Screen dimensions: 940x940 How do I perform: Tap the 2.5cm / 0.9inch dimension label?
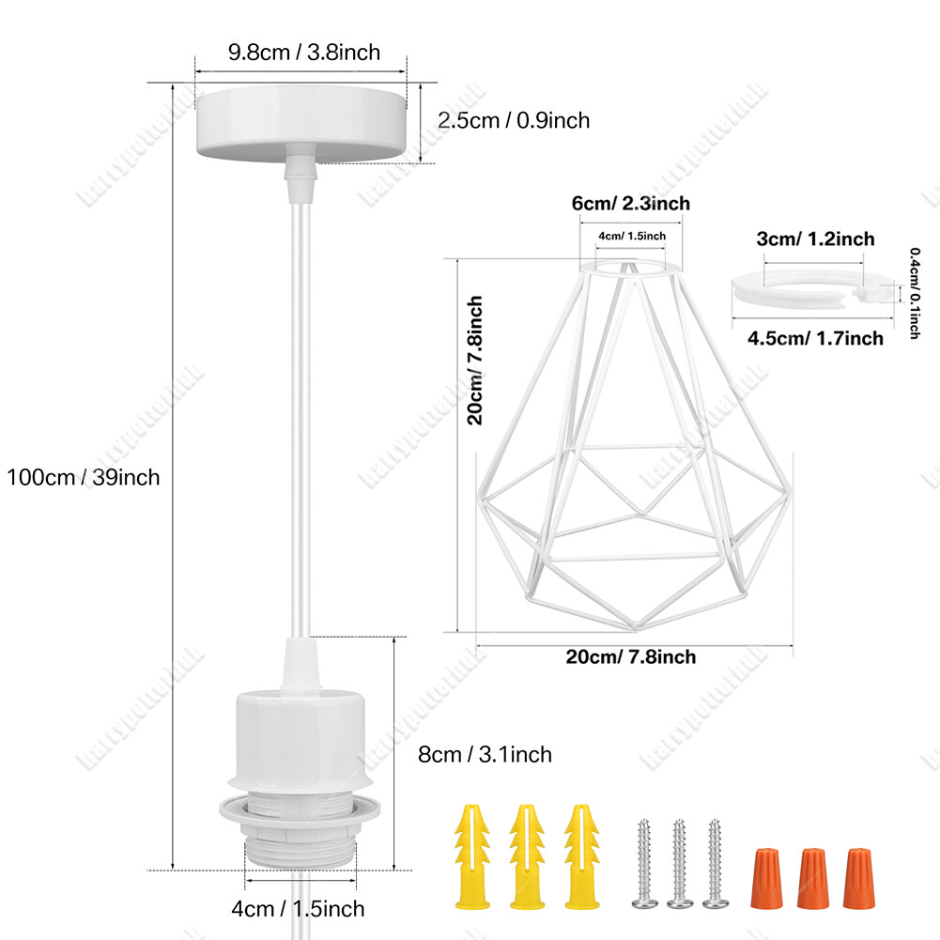pyautogui.click(x=513, y=120)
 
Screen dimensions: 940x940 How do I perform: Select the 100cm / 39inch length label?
pyautogui.click(x=84, y=476)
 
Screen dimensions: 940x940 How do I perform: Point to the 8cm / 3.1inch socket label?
pyautogui.click(x=485, y=754)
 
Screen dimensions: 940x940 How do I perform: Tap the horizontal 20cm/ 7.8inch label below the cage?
pyautogui.click(x=631, y=656)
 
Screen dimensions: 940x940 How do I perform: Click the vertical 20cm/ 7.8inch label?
pyautogui.click(x=476, y=361)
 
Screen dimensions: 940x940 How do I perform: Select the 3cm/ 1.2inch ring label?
pyautogui.click(x=815, y=239)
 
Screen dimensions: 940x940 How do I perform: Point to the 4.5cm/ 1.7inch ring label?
pyautogui.click(x=815, y=338)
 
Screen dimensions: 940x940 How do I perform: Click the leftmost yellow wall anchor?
pyautogui.click(x=472, y=855)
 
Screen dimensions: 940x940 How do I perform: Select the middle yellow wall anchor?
pyautogui.click(x=527, y=855)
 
